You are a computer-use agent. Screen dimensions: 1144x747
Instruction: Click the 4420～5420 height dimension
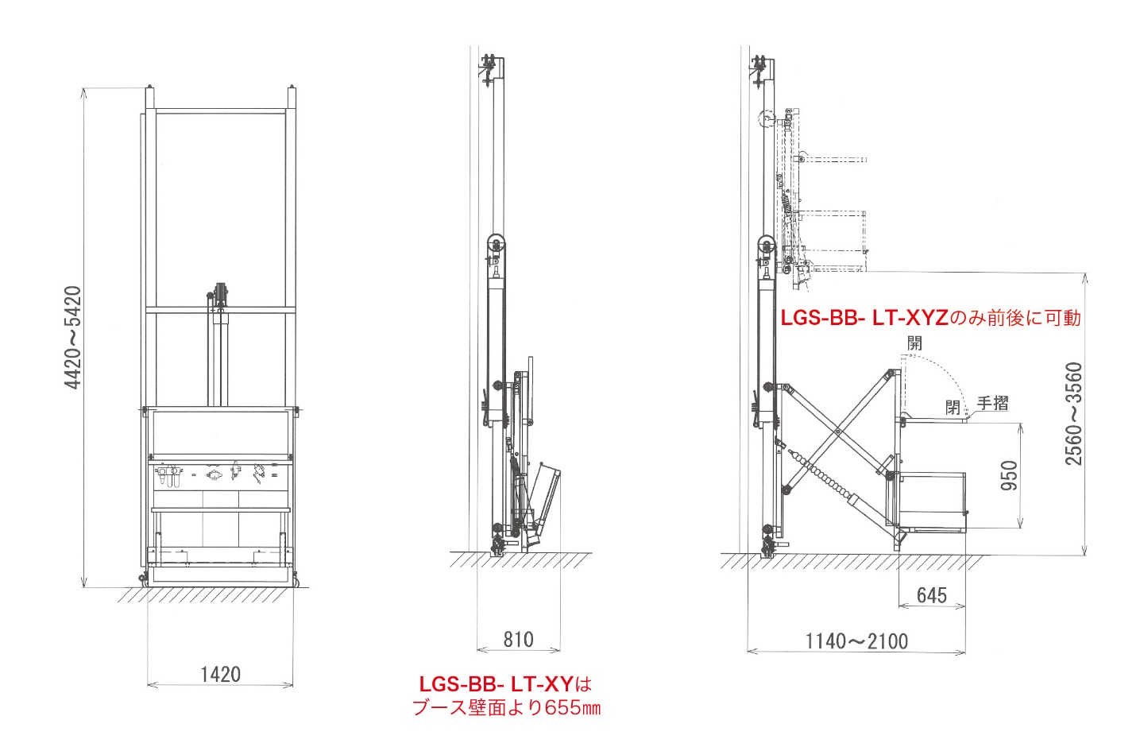point(73,338)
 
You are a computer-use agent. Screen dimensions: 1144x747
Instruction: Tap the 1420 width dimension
point(220,675)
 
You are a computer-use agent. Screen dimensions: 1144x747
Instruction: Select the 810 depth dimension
point(518,639)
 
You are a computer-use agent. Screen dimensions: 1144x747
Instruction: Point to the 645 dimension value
point(932,595)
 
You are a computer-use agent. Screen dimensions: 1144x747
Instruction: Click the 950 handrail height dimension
point(1009,476)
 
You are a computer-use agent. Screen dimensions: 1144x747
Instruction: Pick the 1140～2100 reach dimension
point(856,641)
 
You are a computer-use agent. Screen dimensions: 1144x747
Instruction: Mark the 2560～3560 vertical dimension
point(1073,414)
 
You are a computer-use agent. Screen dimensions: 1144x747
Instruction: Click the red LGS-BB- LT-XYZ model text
point(864,318)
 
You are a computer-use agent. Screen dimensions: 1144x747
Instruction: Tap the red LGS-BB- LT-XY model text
point(497,683)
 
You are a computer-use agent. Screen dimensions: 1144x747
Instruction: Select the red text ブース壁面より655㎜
point(506,708)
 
